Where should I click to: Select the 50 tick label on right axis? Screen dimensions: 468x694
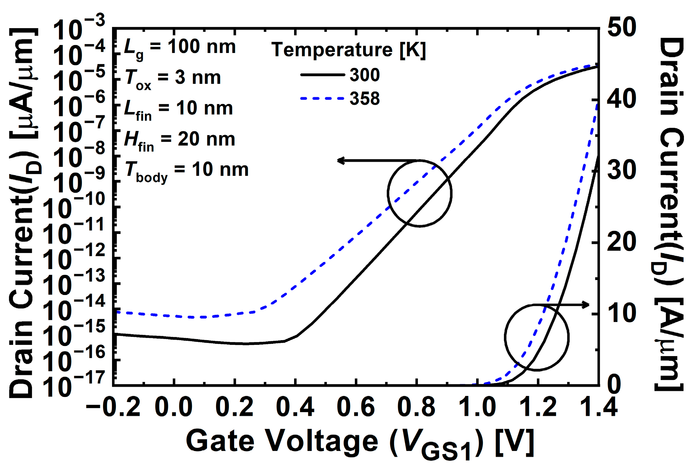622,27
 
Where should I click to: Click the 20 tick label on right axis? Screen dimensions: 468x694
622,242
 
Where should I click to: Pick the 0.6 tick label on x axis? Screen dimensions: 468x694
355,407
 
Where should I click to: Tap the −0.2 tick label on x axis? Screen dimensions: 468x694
113,407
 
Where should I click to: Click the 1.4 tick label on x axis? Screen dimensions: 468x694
599,407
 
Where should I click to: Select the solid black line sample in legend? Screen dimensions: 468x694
322,75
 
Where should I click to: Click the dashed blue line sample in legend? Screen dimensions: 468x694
322,98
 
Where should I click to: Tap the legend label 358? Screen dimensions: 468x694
365,98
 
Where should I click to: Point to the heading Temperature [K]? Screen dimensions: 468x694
348,50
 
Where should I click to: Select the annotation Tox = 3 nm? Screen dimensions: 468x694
172,79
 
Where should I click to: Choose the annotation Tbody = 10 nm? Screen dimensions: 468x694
186,171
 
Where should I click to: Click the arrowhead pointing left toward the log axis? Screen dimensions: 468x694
341,160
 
